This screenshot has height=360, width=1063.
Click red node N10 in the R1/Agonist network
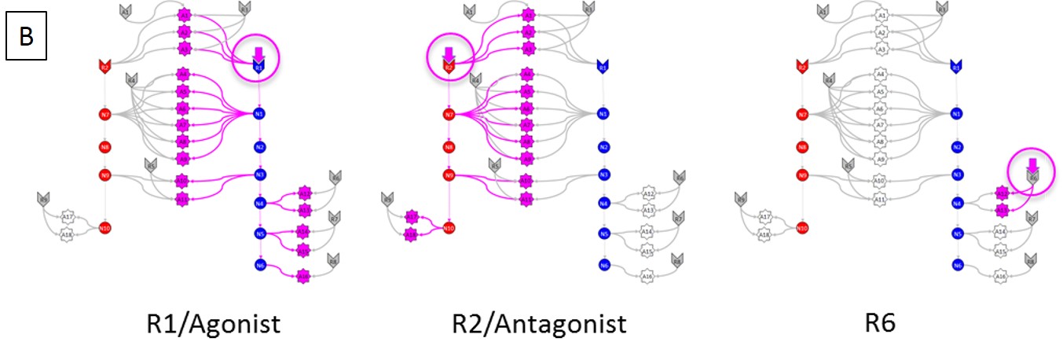(104, 229)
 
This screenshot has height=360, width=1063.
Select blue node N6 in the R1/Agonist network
(259, 266)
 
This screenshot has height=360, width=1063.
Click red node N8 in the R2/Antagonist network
(449, 146)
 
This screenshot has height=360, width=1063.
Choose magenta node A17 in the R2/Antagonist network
(410, 217)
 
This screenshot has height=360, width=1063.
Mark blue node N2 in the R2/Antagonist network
(603, 147)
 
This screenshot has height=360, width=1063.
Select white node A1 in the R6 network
(881, 15)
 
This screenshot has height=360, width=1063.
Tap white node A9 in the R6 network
(881, 159)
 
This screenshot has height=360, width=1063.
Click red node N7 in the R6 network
(802, 115)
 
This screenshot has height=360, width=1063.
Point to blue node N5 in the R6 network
(957, 233)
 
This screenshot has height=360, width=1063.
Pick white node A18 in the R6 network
(763, 234)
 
